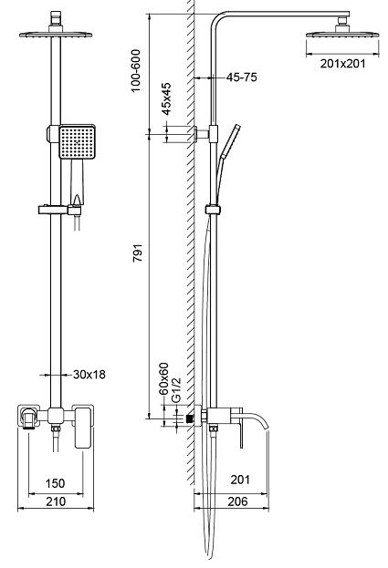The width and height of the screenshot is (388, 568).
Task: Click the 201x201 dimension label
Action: (342, 64)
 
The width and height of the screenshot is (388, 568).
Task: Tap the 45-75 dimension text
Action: (242, 77)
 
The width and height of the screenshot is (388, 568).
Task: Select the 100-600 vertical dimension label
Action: (135, 71)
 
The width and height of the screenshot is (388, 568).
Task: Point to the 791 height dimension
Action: (138, 253)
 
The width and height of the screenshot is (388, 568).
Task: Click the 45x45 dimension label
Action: (166, 99)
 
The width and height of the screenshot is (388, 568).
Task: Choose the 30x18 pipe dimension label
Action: (89, 375)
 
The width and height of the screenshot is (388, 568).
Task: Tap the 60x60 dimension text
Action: (164, 378)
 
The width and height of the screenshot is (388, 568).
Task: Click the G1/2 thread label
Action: (176, 390)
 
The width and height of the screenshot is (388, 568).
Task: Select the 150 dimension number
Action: (56, 483)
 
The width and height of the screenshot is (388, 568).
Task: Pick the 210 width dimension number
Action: (56, 501)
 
